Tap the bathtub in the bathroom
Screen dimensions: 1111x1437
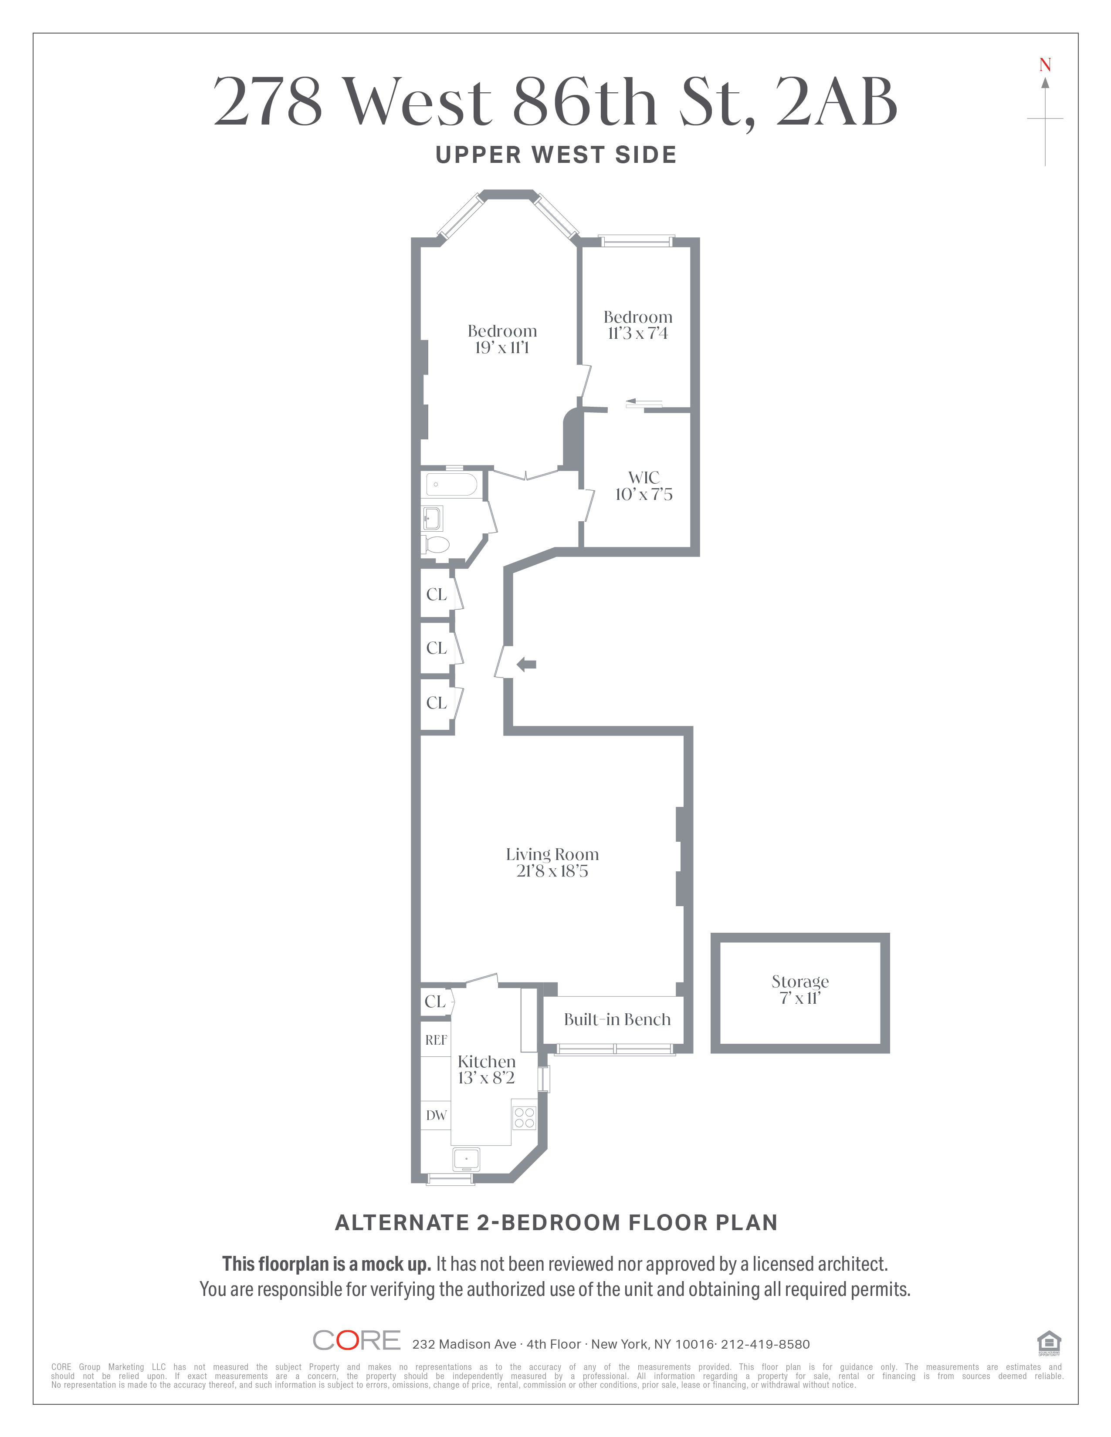coord(451,484)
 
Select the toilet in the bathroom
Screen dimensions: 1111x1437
coord(436,544)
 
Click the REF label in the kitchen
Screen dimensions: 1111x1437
coord(436,1040)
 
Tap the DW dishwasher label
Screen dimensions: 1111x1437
coord(436,1115)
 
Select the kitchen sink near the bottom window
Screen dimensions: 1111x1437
coord(466,1157)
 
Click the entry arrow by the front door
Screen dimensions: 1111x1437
coord(527,665)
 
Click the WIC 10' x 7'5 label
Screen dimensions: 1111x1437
coord(644,486)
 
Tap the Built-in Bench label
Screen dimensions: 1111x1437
coord(617,1019)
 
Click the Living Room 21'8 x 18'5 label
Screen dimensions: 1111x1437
coord(552,863)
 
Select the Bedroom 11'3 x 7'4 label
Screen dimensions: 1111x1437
coord(638,325)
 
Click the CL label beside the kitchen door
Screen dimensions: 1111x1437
coord(435,1002)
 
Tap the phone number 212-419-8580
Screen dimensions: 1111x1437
coord(766,1344)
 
